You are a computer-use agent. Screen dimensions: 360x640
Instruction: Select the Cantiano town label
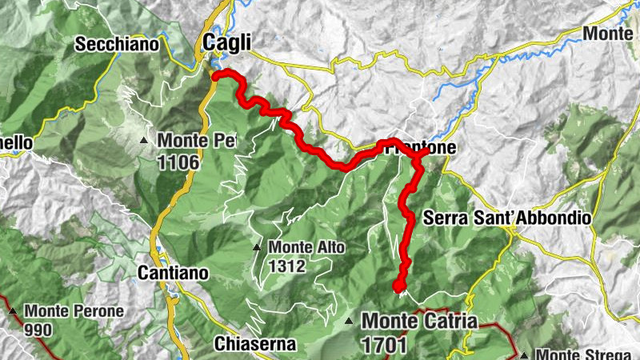click(173, 273)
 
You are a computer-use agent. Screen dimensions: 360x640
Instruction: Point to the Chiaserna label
click(256, 344)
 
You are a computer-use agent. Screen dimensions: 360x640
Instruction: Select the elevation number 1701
click(384, 346)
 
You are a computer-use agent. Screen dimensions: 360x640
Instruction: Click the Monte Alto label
click(306, 247)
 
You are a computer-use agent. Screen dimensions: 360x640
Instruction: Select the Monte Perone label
click(74, 310)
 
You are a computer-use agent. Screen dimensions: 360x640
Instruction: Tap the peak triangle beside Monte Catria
click(349, 322)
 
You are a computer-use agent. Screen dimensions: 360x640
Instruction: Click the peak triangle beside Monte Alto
click(257, 247)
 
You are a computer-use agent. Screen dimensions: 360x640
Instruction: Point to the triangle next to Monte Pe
click(144, 141)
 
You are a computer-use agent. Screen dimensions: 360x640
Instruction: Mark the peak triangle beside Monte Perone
click(13, 310)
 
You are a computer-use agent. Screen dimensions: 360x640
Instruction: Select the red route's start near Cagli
click(215, 75)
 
